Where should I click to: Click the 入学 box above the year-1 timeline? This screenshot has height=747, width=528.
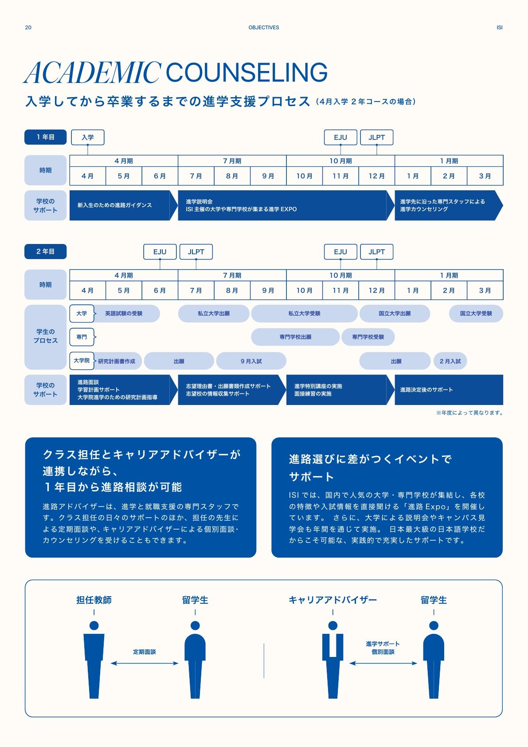[x=88, y=138]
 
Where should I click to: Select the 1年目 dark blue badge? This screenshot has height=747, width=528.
[x=45, y=137]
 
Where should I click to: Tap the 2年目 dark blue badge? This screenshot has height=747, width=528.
[x=45, y=252]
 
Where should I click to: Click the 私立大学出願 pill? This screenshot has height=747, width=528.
[x=214, y=314]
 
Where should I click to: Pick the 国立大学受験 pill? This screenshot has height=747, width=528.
[x=476, y=314]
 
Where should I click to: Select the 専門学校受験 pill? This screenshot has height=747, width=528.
[x=368, y=337]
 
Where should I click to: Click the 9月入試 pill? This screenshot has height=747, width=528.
[x=251, y=361]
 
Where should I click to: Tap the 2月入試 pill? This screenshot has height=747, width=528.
[x=450, y=361]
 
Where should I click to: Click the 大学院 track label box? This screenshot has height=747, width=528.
[x=82, y=361]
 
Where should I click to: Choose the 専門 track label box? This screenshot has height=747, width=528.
[x=82, y=337]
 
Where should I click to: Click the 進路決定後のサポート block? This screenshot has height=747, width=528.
[x=449, y=390]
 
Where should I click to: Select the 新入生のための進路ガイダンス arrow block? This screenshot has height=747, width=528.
[x=123, y=205]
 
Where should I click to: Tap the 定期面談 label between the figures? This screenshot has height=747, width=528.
[x=145, y=652]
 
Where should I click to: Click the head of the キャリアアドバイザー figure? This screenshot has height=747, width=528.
[x=332, y=625]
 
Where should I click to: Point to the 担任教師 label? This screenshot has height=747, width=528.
[x=94, y=600]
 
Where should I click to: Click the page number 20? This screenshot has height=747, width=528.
[x=28, y=28]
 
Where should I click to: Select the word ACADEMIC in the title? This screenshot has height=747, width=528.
[x=92, y=72]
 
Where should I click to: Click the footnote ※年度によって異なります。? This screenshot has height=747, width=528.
[x=469, y=413]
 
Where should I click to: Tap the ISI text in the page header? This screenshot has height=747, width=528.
[x=499, y=28]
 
